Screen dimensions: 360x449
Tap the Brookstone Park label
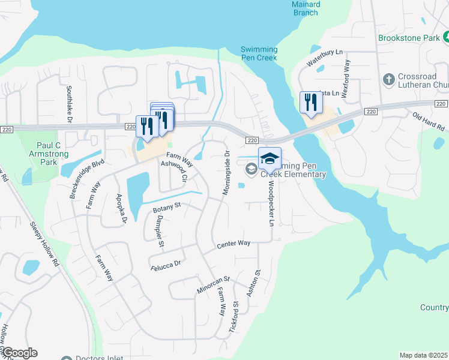click(x=413, y=38)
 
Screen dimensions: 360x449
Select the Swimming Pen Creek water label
click(x=259, y=53)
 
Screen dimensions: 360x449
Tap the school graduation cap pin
click(x=270, y=158)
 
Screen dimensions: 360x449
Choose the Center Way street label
click(x=234, y=244)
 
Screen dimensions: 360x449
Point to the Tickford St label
click(x=234, y=318)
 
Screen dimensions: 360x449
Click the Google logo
click(x=20, y=353)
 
